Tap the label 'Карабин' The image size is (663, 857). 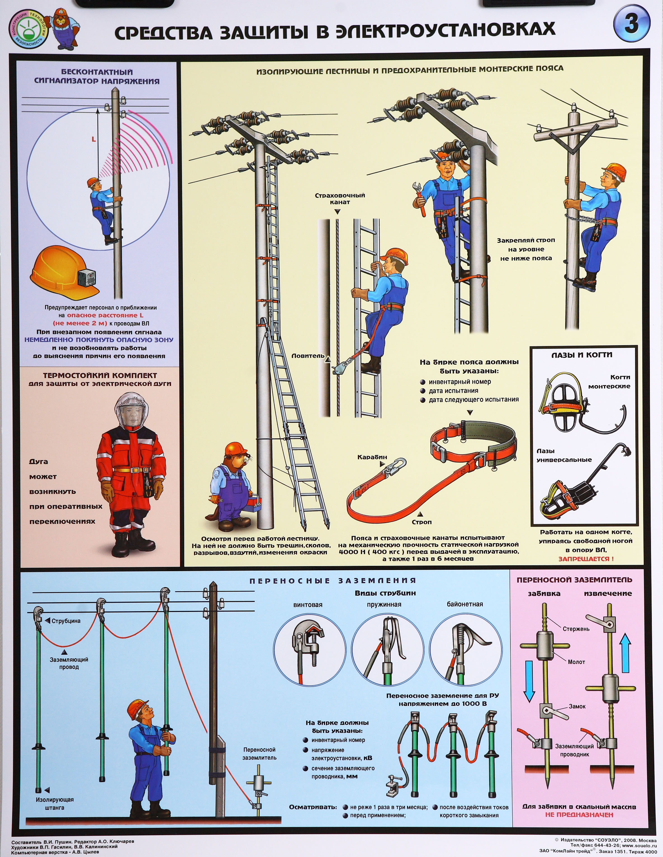coord(372,457)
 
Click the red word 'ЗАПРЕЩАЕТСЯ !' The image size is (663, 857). coord(586,559)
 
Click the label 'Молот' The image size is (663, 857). coord(576,662)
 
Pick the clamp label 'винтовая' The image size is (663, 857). coord(308,605)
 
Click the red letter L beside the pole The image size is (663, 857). coord(94,139)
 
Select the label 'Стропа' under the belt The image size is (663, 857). coord(422,522)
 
